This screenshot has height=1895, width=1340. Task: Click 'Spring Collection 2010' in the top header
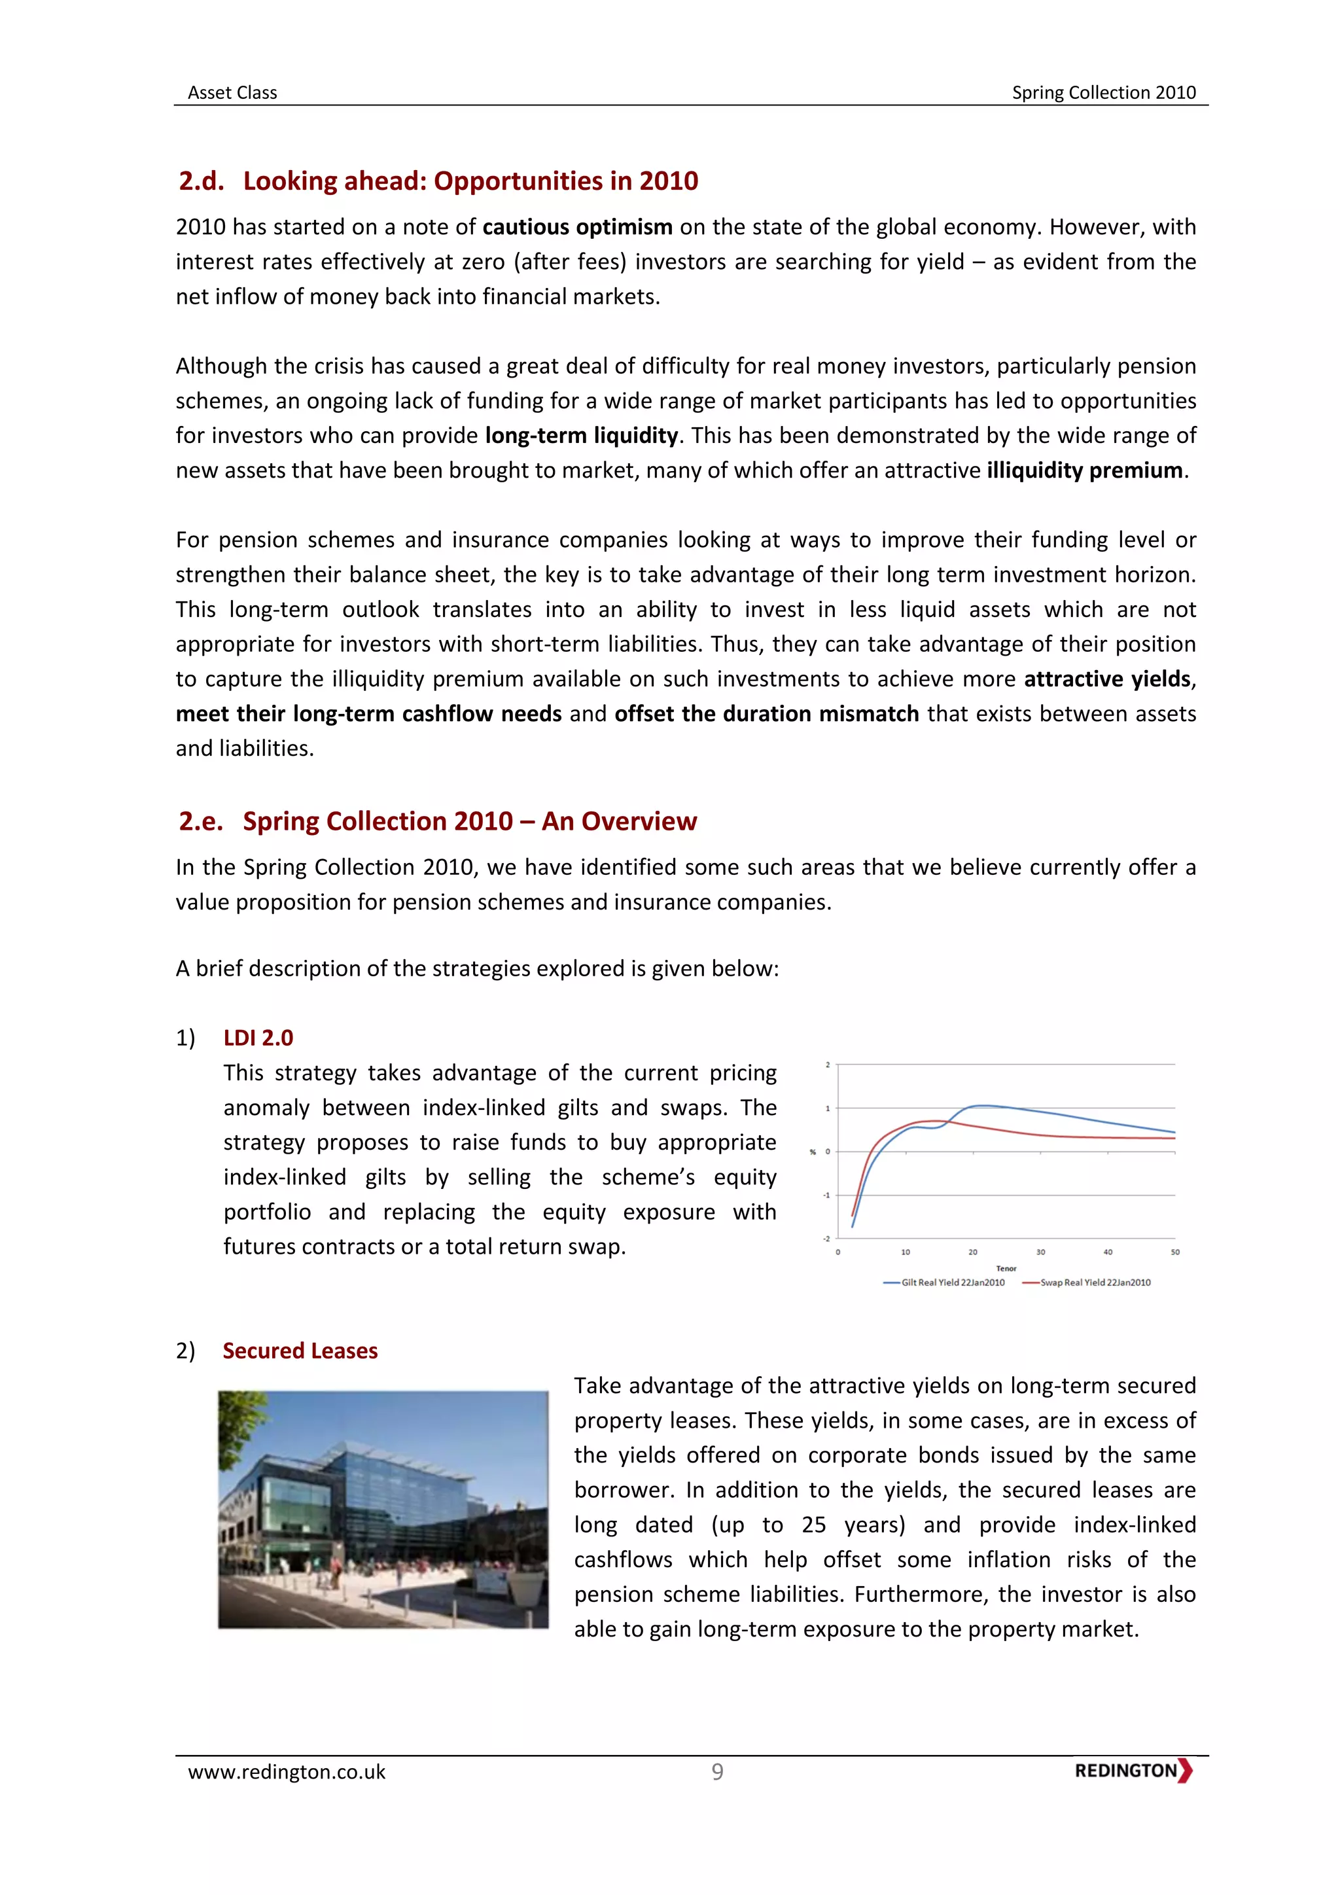point(1103,92)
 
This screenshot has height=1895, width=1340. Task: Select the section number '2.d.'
point(202,181)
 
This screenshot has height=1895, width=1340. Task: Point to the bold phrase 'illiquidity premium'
point(1084,470)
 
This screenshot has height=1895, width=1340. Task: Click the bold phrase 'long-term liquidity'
point(581,436)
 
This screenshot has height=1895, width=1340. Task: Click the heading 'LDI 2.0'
point(258,1037)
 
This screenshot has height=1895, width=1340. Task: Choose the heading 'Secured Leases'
point(300,1351)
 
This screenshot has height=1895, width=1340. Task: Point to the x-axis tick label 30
point(1040,1252)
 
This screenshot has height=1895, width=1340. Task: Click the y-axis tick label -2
point(827,1238)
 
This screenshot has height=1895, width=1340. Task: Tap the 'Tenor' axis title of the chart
point(1006,1269)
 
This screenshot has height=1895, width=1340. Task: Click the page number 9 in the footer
point(717,1772)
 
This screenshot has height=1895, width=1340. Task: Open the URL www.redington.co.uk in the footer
point(287,1772)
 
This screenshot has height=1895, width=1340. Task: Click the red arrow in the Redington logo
point(1186,1771)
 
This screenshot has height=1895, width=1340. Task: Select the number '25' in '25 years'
point(813,1525)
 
